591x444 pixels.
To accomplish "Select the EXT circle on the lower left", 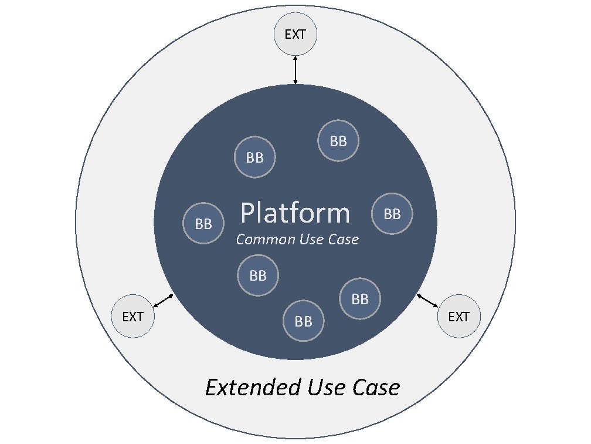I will (133, 317).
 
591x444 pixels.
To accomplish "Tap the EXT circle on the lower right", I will (458, 317).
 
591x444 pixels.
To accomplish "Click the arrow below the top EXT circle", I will (295, 70).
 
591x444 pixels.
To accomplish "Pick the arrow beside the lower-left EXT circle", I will (163, 300).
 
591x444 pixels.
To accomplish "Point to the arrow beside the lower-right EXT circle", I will (427, 300).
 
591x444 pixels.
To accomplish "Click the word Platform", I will (295, 214).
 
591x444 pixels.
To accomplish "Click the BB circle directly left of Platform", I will (203, 224).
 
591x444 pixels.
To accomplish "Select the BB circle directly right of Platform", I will (392, 214).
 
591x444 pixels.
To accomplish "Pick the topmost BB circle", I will (338, 141).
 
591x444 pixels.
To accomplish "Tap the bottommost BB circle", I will (304, 321).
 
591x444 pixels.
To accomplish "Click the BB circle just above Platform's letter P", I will (254, 158).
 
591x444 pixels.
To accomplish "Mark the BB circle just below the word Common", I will (258, 275).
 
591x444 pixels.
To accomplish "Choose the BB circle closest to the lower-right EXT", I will (360, 299).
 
